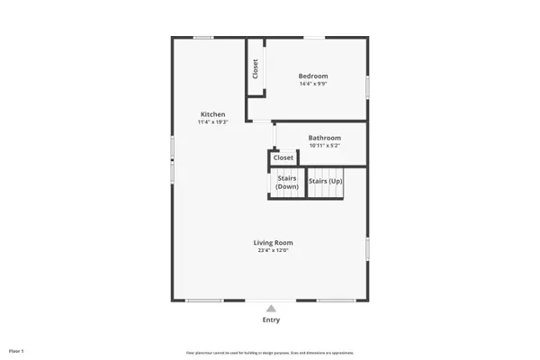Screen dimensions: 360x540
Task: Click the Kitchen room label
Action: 213,114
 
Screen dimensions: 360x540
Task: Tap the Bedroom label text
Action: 313,76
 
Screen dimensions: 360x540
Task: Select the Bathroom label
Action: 325,138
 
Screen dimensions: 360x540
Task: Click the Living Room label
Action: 273,242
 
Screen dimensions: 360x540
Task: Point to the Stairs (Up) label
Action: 325,181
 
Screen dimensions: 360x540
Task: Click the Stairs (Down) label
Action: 287,183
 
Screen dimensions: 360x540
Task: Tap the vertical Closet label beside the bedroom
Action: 256,69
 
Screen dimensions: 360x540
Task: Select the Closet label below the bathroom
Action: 283,157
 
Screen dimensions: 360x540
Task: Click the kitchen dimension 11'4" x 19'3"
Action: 213,122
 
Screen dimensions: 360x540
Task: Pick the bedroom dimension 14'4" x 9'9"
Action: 313,84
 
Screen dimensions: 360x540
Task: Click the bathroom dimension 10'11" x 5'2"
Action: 325,146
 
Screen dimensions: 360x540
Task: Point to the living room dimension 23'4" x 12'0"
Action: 273,250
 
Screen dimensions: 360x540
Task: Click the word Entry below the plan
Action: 271,319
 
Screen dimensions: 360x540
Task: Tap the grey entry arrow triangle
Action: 271,309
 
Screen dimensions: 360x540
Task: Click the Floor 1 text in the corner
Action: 16,350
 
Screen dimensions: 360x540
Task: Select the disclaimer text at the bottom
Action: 270,351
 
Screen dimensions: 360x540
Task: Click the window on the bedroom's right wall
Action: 367,85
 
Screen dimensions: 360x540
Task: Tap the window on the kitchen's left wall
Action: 172,169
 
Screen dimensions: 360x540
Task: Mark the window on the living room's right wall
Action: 367,248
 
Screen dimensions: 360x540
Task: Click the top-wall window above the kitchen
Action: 203,37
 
